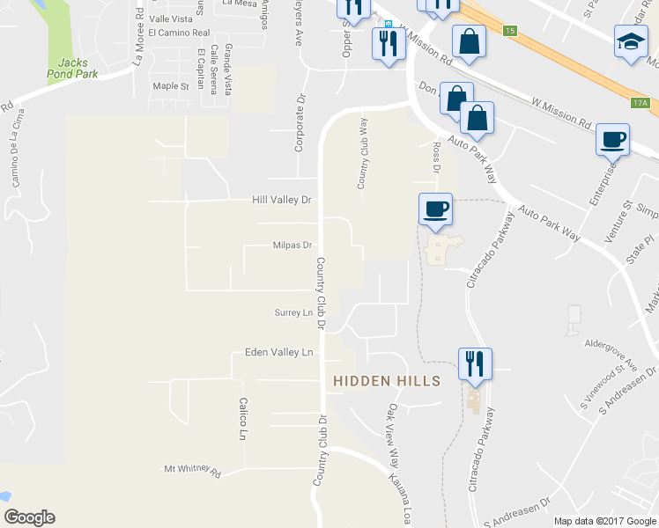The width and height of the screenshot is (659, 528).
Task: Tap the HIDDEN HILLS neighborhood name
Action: (x=386, y=380)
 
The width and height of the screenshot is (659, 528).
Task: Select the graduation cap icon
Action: (x=630, y=42)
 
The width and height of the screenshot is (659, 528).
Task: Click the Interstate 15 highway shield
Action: (x=510, y=31)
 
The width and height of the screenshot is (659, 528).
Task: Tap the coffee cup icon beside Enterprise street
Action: (x=612, y=139)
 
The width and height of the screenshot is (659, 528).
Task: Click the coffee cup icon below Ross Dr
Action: (x=434, y=209)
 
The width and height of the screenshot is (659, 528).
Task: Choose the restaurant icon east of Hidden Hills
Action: (x=475, y=362)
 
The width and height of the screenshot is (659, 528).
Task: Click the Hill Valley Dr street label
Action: (x=283, y=200)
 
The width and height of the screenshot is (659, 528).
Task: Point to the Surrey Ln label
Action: (x=294, y=312)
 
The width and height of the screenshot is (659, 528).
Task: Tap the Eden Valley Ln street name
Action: (x=278, y=352)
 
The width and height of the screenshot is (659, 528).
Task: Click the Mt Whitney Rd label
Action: (x=192, y=470)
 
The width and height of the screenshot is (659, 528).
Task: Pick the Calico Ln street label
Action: (x=241, y=418)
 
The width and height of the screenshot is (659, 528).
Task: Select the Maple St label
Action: (x=171, y=86)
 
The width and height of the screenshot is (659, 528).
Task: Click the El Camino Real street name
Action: (x=179, y=33)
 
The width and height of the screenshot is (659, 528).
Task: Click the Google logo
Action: (x=29, y=518)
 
